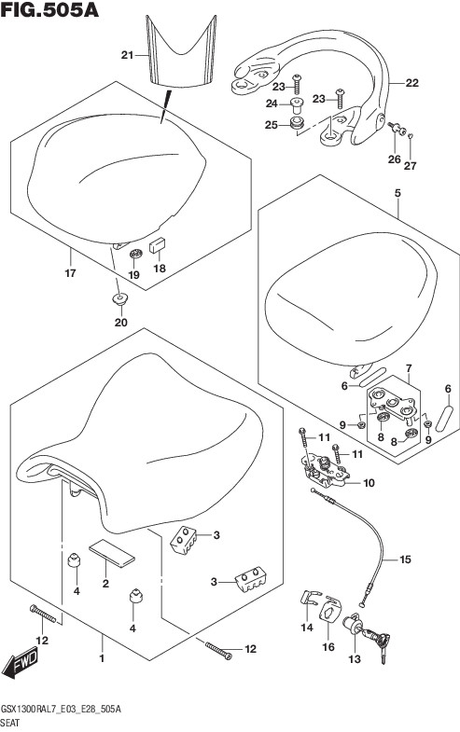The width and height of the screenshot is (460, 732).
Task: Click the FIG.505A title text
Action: pos(49,10)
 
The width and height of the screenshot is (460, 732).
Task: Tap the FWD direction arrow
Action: pos(21,663)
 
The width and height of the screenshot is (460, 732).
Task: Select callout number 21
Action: pos(127,56)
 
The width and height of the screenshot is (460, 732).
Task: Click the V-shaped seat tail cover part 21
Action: pos(181,51)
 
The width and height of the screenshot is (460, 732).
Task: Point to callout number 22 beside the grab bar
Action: pos(411,83)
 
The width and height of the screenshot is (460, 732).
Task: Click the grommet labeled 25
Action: pos(297,124)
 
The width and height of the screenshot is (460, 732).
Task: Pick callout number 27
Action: pos(410,166)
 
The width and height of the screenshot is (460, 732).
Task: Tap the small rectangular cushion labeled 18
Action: pos(157,245)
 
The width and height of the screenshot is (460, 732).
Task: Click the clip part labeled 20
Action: pos(119,298)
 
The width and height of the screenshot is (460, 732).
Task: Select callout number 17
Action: pos(70,273)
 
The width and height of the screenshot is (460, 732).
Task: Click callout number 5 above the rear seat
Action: pos(397,193)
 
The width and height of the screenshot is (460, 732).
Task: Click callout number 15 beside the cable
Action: pos(405,559)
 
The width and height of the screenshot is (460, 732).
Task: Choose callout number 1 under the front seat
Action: pos(102,658)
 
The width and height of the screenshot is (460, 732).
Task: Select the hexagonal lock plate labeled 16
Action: pos(330,610)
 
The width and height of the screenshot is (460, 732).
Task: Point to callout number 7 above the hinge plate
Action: pos(409,369)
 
